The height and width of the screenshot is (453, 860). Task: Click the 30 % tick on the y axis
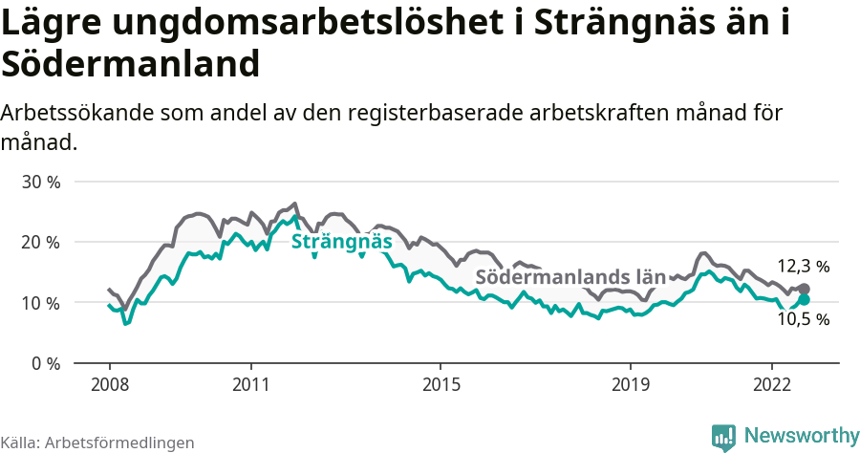point(41,182)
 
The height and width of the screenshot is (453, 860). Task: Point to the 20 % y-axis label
point(41,242)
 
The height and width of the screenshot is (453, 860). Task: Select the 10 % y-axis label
point(41,303)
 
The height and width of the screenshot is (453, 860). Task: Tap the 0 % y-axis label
point(45,363)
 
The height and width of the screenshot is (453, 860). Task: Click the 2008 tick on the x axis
point(109,384)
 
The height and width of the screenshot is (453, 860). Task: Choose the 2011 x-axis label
point(250,384)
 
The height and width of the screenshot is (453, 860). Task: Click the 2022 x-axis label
point(771,384)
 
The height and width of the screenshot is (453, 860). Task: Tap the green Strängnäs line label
point(341,242)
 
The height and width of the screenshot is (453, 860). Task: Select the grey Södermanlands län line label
point(570,277)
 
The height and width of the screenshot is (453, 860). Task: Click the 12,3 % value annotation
point(803,267)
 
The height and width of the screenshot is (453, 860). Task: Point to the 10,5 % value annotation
point(803,319)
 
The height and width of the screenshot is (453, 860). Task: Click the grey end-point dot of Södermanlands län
point(805,289)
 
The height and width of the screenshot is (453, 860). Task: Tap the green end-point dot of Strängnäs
point(805,299)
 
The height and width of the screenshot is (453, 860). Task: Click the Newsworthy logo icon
point(723,437)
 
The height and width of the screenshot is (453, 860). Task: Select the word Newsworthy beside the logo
point(801,436)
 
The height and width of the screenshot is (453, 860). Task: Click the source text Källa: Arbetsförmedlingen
point(97,442)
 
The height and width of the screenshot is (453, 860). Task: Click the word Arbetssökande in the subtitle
point(77,113)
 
